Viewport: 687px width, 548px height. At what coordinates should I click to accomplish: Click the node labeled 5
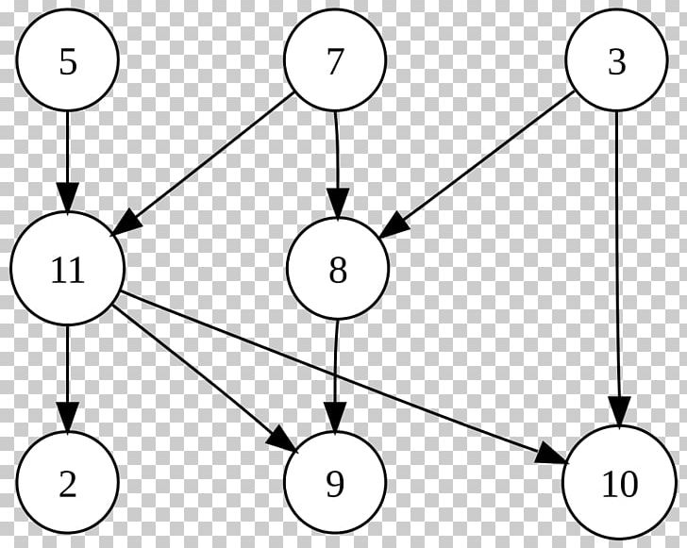coord(68,59)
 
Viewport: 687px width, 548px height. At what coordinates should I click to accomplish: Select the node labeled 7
coord(335,59)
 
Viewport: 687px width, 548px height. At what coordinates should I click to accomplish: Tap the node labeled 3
coord(616,59)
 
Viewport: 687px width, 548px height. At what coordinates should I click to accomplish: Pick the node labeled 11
coord(68,269)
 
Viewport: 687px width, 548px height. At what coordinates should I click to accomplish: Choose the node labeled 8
coord(338,268)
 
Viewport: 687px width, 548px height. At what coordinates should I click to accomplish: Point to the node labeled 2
coord(68,482)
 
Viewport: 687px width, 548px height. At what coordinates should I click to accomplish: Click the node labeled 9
coord(335,482)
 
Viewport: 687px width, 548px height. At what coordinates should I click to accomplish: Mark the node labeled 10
coord(619,482)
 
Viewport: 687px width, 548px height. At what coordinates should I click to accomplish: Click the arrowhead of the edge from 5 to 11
coord(68,199)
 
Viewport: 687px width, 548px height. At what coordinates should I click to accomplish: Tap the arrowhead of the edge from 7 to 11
coord(127,222)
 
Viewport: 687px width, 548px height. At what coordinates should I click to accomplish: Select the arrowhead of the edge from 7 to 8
coord(338,203)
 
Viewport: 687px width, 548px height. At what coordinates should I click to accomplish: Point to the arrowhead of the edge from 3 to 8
coord(394,225)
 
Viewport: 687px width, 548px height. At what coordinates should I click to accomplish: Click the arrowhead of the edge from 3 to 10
coord(619,411)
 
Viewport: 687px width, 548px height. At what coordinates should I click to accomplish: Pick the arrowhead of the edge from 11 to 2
coord(68,417)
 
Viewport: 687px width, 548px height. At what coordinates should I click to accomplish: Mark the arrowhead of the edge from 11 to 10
coord(551,454)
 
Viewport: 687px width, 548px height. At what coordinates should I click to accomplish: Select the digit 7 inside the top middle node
coord(334,62)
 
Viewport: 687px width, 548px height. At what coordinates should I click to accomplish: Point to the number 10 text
coord(620,485)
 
